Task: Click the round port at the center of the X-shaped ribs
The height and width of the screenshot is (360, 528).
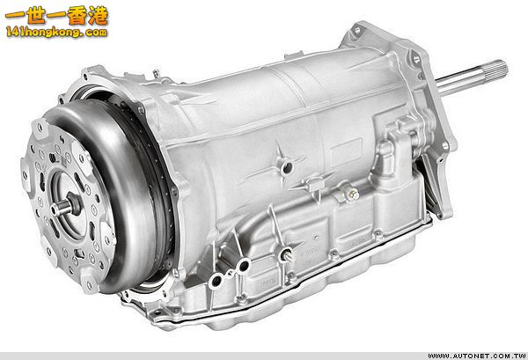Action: [x=282, y=167]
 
